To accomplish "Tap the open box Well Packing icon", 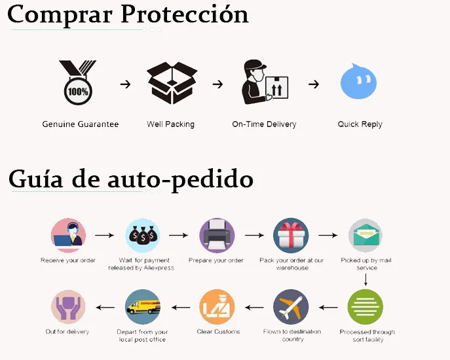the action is point(170,82).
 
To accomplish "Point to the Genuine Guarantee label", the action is point(81,124).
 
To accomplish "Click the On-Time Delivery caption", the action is point(264,124).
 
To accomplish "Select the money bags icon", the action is point(142,236).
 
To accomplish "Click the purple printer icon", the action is point(217,236).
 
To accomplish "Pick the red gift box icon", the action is point(291,236).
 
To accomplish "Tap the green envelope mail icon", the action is point(366,236).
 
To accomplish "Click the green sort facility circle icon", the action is point(366,307).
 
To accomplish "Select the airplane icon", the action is point(291,307).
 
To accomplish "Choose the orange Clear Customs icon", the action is point(217,307).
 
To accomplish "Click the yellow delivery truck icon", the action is point(142,307).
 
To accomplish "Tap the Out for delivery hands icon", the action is point(68,307).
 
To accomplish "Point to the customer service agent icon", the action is point(68,236).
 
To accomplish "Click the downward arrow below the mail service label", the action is point(366,279).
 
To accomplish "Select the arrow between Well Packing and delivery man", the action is point(217,84).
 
